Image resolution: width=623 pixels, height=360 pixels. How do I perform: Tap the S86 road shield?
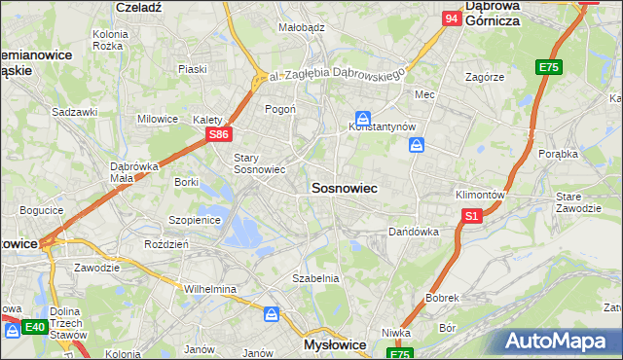tap(220, 134)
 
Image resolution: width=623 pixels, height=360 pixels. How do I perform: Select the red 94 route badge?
tap(451, 18)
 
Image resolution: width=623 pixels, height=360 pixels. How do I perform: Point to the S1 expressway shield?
tap(472, 215)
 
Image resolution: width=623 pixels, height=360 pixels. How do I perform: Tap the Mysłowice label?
tap(334, 345)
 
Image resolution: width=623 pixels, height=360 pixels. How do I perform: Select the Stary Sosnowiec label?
tap(259, 162)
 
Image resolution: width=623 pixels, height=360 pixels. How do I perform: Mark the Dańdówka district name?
tap(414, 233)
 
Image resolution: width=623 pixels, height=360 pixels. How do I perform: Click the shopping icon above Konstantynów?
tap(362, 115)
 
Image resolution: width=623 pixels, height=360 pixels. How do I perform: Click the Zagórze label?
tap(484, 76)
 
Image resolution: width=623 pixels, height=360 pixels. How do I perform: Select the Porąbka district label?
tap(558, 154)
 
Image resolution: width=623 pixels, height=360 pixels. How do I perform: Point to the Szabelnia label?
tap(316, 278)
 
